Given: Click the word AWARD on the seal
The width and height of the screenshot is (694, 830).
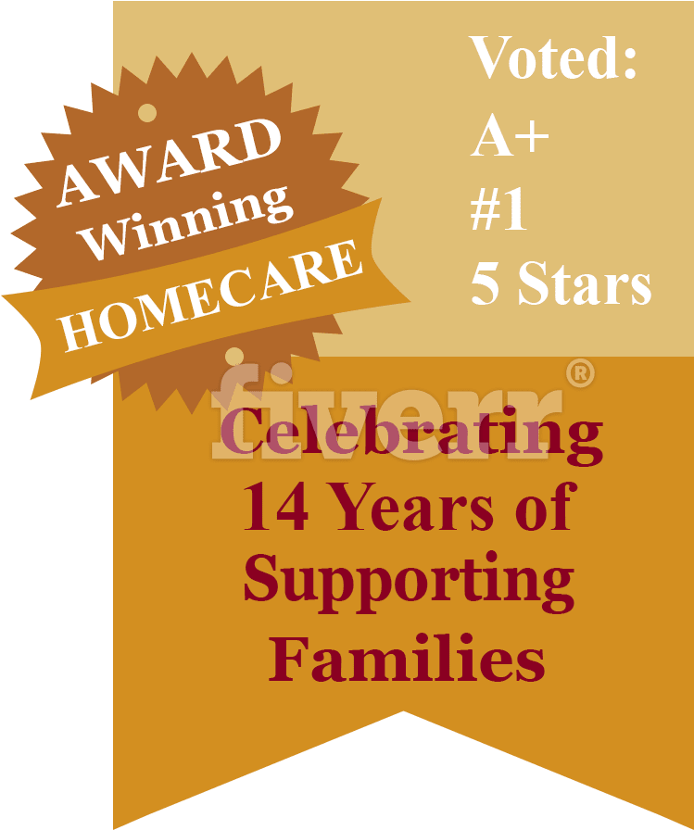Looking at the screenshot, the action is click(169, 161).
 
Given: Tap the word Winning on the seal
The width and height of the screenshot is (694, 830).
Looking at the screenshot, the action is click(185, 222).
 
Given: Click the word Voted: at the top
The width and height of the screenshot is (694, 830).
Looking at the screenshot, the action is click(552, 57).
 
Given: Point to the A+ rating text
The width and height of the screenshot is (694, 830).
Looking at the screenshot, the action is click(510, 135).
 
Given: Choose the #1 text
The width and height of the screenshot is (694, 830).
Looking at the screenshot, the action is click(498, 208).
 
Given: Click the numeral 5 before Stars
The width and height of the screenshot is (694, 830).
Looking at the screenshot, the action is click(485, 283).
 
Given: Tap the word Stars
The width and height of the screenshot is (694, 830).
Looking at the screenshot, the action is click(585, 283).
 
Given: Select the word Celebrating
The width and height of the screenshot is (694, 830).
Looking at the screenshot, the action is click(411, 435).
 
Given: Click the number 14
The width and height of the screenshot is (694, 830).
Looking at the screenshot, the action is click(275, 507).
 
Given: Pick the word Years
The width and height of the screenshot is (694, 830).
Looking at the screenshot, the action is click(415, 507).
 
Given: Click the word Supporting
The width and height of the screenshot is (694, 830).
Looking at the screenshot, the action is click(409, 583).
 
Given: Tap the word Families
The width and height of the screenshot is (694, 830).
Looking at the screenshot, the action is click(407, 658).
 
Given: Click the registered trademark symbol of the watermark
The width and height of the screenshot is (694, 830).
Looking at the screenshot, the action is click(580, 373).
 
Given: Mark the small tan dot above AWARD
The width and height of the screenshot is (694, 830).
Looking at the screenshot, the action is click(147, 113).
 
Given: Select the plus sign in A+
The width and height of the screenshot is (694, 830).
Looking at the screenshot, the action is click(532, 135).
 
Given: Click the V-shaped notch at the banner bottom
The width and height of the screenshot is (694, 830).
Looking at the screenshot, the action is click(403, 712).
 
